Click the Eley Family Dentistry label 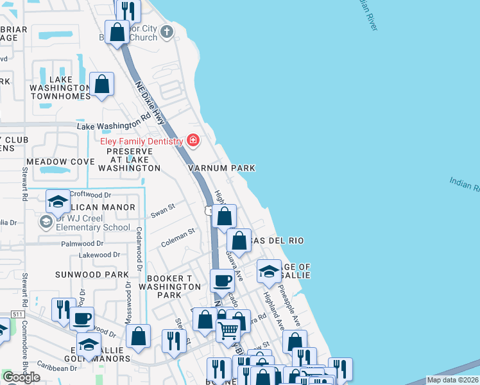(141, 141)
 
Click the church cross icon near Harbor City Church (167, 31)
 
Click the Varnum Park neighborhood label (221, 168)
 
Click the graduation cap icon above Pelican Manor (58, 202)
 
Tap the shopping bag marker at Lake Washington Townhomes (101, 84)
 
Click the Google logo (21, 377)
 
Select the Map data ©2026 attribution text (452, 380)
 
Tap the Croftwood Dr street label (90, 194)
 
